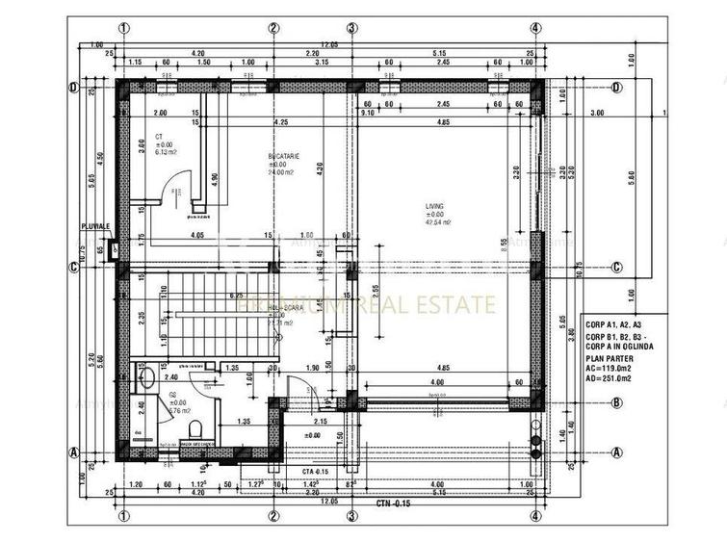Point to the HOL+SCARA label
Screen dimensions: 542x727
(x=286, y=308)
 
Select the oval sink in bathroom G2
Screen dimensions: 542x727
(x=146, y=378)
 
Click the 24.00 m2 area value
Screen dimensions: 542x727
(x=281, y=172)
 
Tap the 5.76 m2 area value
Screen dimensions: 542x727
(x=183, y=410)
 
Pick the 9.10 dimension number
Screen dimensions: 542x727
(x=367, y=113)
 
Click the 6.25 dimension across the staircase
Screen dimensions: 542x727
(x=234, y=296)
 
